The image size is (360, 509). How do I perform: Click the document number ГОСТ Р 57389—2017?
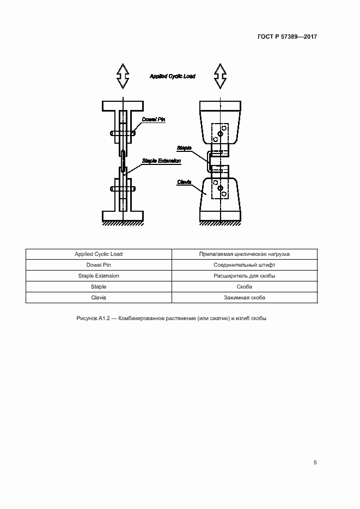287,37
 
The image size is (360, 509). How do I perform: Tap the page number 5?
315,463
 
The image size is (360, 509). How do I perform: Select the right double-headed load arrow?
220,76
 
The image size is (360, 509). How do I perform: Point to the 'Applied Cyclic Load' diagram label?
172,77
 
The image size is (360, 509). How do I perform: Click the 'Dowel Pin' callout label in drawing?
153,119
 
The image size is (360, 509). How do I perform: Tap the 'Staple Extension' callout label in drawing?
161,161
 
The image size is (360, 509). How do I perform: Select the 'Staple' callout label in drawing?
184,148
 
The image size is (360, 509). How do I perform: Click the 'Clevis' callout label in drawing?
184,182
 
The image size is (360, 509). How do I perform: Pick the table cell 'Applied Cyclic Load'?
99,254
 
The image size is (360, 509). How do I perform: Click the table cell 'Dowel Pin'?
99,265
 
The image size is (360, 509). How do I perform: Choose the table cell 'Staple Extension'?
99,276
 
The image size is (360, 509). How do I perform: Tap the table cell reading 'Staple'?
99,287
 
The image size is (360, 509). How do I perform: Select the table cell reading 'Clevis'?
99,298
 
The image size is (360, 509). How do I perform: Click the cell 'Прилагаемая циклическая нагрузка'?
245,254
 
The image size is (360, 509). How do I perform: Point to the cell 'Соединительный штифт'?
245,265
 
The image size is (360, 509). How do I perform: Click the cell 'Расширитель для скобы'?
245,276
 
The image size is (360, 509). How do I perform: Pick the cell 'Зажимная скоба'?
245,298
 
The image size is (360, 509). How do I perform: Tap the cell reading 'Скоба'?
245,287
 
